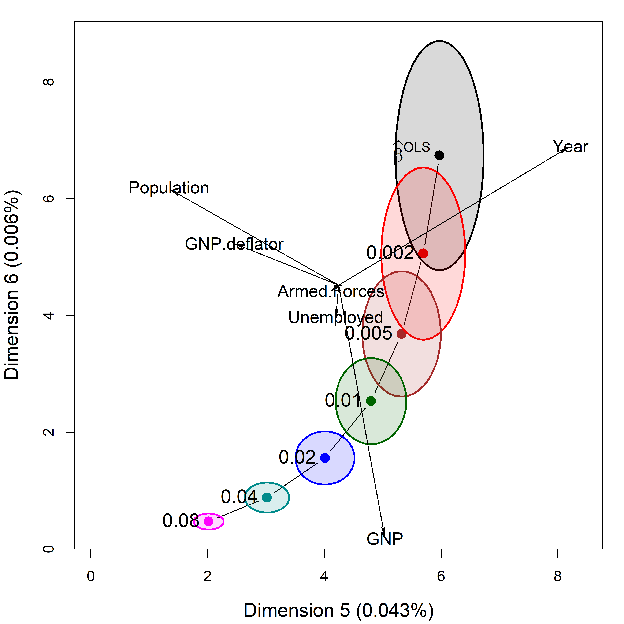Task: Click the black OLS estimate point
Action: (x=439, y=155)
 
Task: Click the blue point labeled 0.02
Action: (x=325, y=458)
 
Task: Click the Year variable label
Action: (x=570, y=147)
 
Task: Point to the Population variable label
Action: (x=169, y=188)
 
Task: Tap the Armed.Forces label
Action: (x=331, y=291)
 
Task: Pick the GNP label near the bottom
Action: (x=385, y=539)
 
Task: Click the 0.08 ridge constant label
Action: (x=180, y=521)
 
